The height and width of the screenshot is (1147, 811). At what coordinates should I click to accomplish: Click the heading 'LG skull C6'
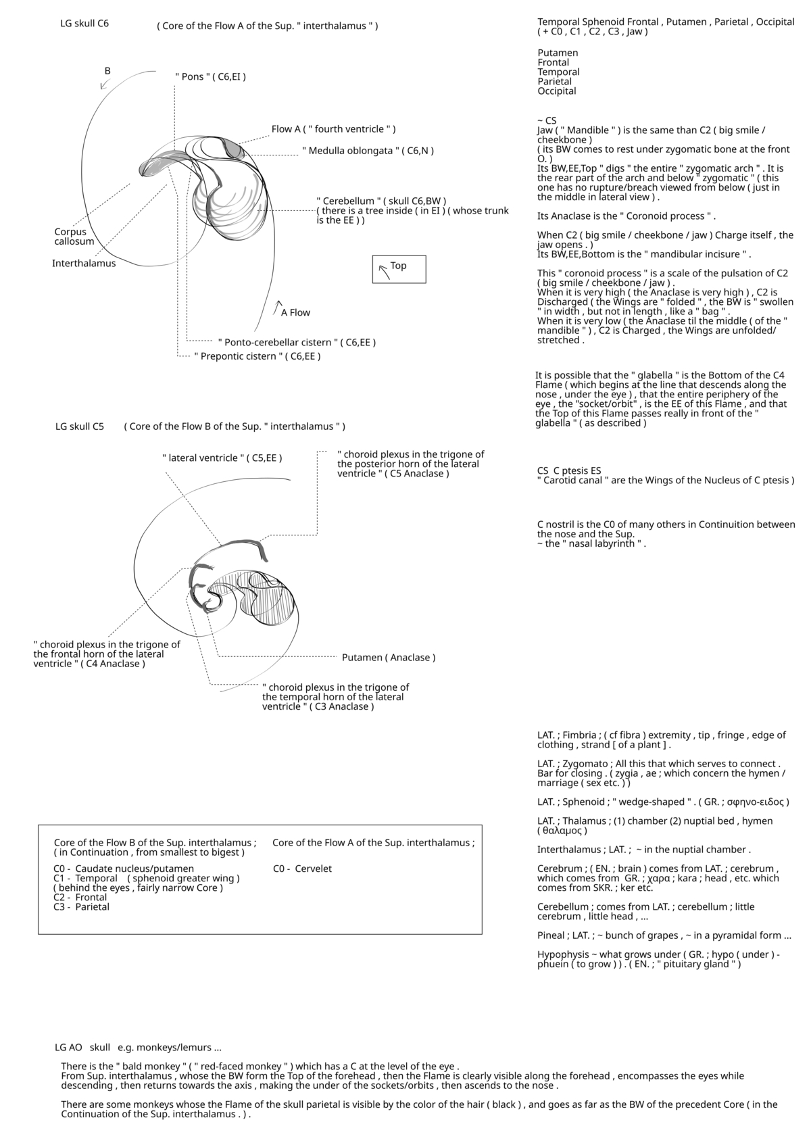(84, 24)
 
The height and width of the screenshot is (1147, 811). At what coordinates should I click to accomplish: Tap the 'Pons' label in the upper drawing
(210, 76)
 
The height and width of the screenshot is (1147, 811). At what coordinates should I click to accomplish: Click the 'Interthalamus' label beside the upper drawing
(84, 264)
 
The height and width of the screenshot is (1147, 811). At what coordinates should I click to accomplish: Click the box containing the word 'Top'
(399, 268)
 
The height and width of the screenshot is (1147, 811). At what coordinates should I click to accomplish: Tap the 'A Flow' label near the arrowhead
(295, 312)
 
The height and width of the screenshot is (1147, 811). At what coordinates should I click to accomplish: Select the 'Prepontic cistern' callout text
(257, 356)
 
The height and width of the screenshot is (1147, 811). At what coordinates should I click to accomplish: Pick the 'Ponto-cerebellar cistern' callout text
(297, 342)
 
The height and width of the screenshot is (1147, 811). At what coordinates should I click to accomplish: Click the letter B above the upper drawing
(107, 70)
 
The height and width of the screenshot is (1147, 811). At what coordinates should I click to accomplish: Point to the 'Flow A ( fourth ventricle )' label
(333, 129)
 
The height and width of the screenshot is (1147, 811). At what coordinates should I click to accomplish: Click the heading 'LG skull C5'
(80, 426)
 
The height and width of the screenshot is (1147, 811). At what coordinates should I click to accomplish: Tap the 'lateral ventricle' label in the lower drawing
(222, 458)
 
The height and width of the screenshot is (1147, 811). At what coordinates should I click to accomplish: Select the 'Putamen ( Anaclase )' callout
(389, 657)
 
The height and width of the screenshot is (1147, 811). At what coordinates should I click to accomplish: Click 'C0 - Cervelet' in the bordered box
(302, 869)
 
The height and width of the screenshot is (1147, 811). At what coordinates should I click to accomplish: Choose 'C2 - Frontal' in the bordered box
(80, 897)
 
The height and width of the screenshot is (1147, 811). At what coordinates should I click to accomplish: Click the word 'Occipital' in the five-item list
(557, 91)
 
